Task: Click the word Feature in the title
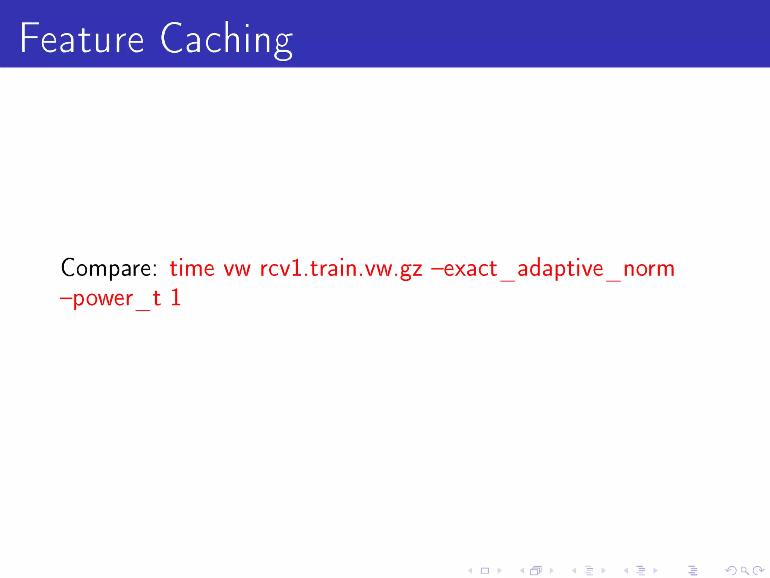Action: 82,38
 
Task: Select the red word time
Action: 192,269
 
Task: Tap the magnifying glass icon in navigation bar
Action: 744,570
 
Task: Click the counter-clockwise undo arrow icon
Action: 731,570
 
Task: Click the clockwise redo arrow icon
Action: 758,570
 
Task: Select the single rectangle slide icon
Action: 485,570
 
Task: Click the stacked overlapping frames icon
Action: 536,570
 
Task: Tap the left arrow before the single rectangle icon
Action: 470,570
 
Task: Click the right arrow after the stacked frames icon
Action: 552,570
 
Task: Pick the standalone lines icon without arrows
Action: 693,570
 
